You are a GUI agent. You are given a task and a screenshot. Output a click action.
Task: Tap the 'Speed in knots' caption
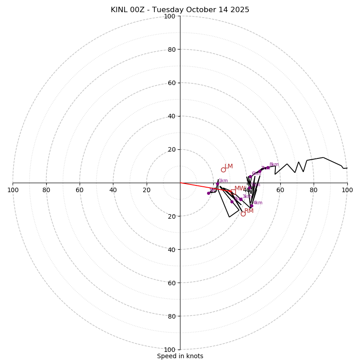[180, 356]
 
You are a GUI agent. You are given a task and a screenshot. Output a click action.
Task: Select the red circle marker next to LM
[223, 170]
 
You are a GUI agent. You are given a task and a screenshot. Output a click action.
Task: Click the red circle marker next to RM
[243, 214]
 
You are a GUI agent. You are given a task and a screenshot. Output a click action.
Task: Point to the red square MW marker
[233, 192]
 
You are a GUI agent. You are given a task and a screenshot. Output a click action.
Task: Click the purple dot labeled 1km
[217, 184]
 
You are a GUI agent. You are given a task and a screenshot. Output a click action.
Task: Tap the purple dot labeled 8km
[268, 167]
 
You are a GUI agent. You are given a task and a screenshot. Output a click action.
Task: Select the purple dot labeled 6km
[250, 177]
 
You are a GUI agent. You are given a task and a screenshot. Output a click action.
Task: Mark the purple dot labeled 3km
[241, 199]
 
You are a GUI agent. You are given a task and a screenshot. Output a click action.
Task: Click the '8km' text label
[274, 165]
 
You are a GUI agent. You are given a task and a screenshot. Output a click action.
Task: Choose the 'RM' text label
[249, 211]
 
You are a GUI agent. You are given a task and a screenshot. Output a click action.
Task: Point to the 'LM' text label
[229, 166]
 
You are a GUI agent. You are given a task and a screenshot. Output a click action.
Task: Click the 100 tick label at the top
[170, 16]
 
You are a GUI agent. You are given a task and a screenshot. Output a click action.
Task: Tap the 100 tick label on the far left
[13, 190]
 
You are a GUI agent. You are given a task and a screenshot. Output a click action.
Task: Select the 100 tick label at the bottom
[170, 350]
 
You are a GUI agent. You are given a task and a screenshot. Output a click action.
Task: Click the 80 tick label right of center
[314, 190]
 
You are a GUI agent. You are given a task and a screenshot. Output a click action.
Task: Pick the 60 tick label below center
[171, 283]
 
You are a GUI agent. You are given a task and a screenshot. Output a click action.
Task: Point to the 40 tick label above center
[171, 116]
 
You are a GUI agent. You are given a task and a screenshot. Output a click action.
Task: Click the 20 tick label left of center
[147, 190]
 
